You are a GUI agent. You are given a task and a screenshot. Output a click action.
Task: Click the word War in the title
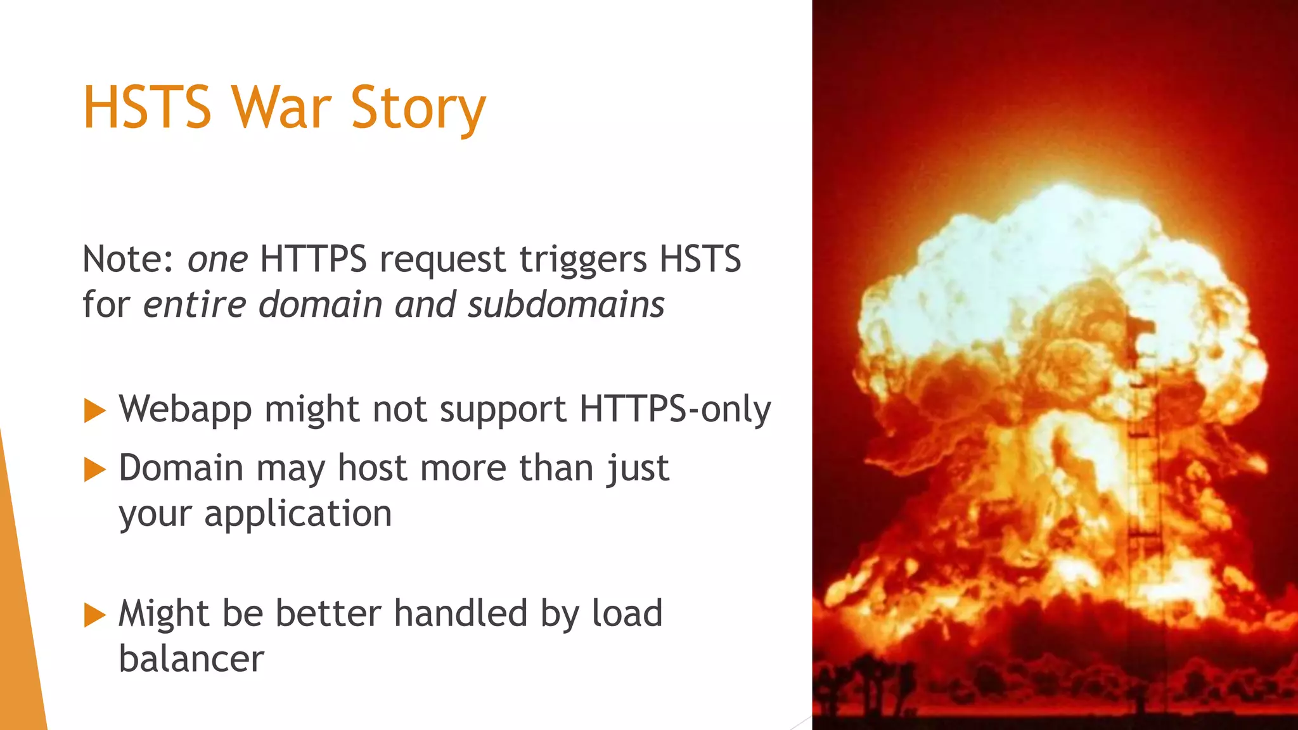pos(281,108)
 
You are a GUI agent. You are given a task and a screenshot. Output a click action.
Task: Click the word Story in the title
pos(418,109)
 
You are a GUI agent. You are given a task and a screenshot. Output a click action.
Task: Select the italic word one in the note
pos(217,259)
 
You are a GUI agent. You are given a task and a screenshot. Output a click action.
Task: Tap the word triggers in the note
pos(583,260)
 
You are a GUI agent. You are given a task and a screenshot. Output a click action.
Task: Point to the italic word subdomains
pos(566,304)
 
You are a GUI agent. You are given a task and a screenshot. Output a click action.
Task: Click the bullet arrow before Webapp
pos(94,411)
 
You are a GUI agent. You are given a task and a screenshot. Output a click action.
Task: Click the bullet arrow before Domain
pos(94,470)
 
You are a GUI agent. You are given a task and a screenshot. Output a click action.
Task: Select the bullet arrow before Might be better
pos(94,615)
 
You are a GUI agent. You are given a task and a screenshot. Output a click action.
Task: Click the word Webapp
pos(185,409)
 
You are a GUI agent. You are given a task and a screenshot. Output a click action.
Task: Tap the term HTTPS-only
pos(675,409)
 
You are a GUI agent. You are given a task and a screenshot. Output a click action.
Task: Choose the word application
pos(298,514)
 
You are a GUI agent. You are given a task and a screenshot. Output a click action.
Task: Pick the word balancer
pos(191,659)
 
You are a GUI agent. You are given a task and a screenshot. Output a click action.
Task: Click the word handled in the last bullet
pos(461,613)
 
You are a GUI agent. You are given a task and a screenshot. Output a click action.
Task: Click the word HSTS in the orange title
pos(147,108)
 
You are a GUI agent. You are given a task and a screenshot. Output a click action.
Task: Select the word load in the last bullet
pos(627,613)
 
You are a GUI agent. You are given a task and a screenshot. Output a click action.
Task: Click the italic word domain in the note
pos(319,304)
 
